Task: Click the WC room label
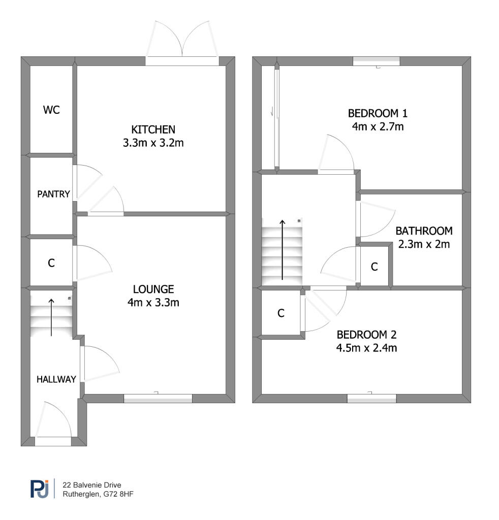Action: click(51, 110)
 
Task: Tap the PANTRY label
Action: click(53, 194)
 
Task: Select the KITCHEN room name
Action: click(153, 129)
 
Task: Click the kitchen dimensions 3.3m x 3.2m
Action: click(153, 143)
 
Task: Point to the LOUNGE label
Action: click(153, 289)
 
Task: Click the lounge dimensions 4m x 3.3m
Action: click(153, 303)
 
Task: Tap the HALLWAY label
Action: click(56, 379)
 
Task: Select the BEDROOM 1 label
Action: click(378, 113)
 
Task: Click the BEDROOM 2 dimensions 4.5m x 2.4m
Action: click(366, 348)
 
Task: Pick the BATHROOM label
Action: click(424, 231)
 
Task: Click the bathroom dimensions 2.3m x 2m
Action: click(424, 244)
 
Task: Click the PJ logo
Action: click(39, 489)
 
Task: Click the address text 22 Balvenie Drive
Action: click(91, 485)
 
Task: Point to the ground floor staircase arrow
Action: click(51, 317)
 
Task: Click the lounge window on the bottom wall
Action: click(158, 399)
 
